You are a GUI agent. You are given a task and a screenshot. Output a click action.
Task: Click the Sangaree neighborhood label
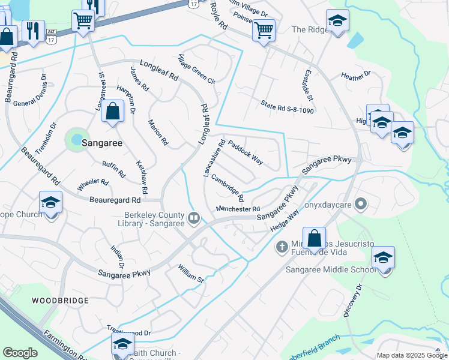102,143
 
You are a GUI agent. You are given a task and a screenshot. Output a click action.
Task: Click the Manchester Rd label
238,209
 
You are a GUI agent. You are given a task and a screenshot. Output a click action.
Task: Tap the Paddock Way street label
246,153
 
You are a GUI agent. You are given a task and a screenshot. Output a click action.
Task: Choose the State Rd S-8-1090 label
288,107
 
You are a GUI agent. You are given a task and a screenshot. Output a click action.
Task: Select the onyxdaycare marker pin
361,204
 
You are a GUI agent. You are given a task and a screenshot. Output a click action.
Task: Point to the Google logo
20,353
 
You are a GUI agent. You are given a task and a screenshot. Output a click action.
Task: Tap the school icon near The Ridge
337,22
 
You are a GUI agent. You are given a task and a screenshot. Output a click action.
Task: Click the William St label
191,273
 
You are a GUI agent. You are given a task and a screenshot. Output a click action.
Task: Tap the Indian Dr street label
118,257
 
